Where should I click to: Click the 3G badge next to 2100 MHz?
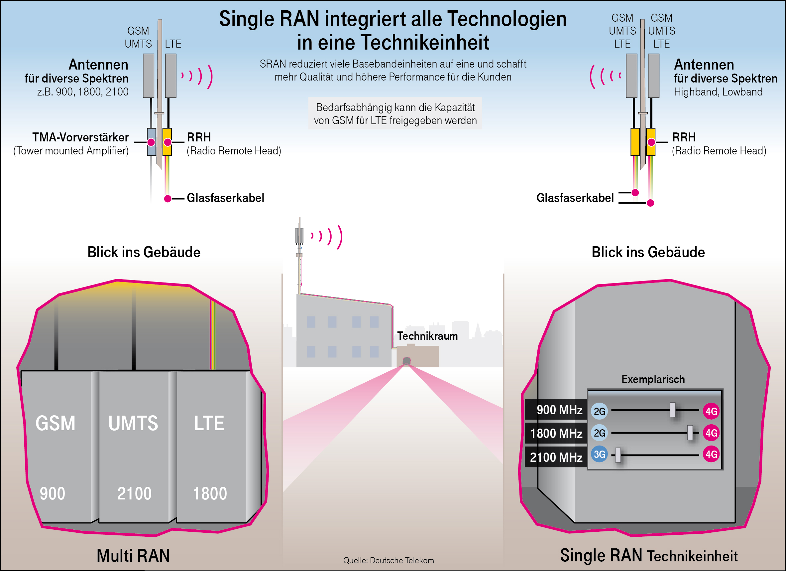coord(599,454)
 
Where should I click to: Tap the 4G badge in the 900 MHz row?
coord(711,411)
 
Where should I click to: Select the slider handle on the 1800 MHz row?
coord(690,433)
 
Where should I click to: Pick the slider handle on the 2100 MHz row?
coord(618,455)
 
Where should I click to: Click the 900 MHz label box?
coord(556,410)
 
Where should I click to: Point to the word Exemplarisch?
coord(653,379)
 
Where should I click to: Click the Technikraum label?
coord(427,336)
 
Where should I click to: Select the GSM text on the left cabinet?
coord(56,423)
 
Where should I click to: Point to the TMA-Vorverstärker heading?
coord(80,137)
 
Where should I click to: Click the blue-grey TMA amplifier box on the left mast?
coord(152,142)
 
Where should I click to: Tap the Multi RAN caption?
coord(133,555)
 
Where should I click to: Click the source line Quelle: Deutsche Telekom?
coord(389,560)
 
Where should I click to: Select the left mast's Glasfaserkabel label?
coord(225,198)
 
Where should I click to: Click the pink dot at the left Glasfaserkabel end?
coord(168,198)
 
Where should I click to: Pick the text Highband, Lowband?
coord(718,92)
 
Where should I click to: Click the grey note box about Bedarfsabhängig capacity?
coord(395,113)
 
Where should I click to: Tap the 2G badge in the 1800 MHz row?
coord(599,433)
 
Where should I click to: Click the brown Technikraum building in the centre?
coord(418,356)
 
